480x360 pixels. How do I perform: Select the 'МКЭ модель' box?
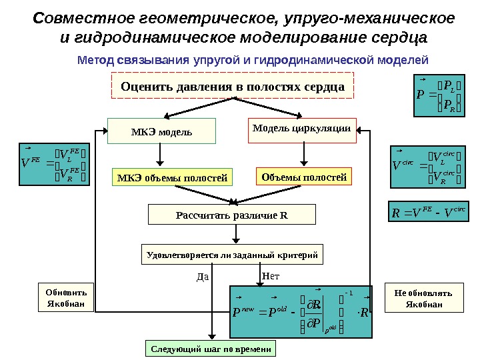tap(162, 131)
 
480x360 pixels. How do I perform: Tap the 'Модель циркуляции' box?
tap(303, 130)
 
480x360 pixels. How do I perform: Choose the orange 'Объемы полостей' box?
tap(304, 177)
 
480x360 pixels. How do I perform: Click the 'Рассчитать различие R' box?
tap(231, 215)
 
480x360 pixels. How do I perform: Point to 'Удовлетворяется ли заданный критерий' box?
tap(231, 255)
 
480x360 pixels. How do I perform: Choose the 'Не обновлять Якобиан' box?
tap(424, 299)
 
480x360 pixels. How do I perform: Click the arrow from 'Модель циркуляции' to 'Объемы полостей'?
tap(304, 155)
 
